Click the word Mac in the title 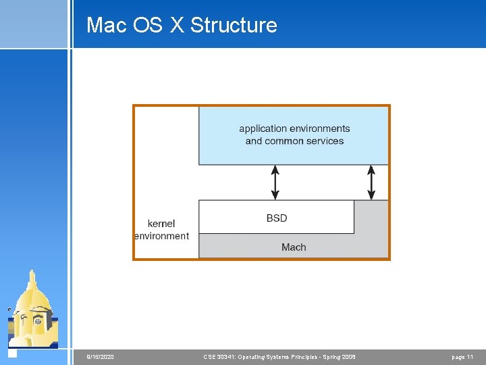tap(105, 25)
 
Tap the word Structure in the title tap(234, 25)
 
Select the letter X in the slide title tap(176, 25)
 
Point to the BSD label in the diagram tap(277, 218)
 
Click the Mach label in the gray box tap(294, 247)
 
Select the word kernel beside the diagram tap(161, 224)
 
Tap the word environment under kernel tap(162, 236)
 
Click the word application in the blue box tap(264, 128)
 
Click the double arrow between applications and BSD tap(275, 182)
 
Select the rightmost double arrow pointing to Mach tap(371, 182)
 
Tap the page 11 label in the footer tap(462, 357)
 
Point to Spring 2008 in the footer tap(340, 357)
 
